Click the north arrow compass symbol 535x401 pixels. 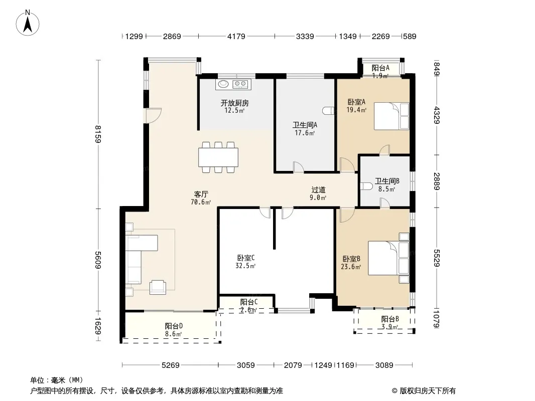(x=28, y=23)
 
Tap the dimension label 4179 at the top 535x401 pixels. (x=236, y=37)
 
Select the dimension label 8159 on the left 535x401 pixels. (x=98, y=134)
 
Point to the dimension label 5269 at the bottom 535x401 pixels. (x=170, y=365)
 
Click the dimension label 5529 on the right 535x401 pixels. (x=437, y=258)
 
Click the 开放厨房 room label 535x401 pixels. (x=235, y=103)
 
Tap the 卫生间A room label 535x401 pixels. (x=305, y=125)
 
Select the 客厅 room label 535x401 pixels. (x=201, y=194)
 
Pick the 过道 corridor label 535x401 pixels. (x=318, y=190)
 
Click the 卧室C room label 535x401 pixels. (x=245, y=258)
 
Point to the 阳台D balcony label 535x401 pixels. (x=174, y=326)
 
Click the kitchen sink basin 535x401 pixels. (x=223, y=84)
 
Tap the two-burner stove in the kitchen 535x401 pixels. (x=240, y=84)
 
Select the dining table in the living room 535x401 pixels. (x=218, y=157)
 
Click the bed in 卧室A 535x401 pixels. (x=391, y=116)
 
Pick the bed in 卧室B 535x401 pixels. (x=388, y=258)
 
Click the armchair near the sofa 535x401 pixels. (x=158, y=287)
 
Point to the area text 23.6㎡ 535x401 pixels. (x=351, y=267)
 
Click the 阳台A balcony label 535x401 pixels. (x=380, y=68)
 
